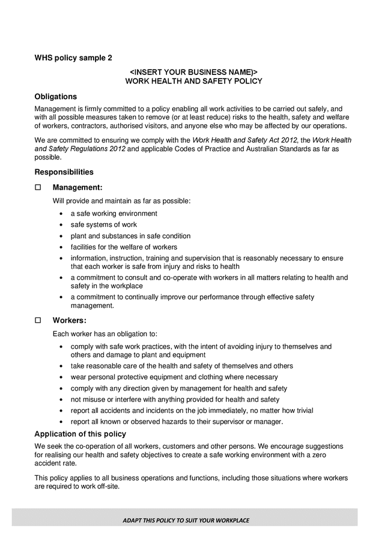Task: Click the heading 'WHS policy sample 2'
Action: [x=73, y=58]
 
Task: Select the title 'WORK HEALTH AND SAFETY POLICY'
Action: [x=193, y=81]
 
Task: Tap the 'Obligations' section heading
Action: [x=55, y=97]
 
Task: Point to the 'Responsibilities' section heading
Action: [x=64, y=172]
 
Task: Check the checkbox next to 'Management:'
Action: [x=38, y=188]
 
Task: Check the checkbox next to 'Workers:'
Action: [x=38, y=320]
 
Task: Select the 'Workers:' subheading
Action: [x=70, y=320]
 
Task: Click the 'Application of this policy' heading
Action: [x=80, y=434]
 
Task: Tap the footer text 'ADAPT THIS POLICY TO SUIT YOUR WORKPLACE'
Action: [x=186, y=520]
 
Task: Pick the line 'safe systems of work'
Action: [x=103, y=225]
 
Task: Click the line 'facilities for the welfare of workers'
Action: [x=124, y=247]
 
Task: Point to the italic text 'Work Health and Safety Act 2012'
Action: [x=244, y=140]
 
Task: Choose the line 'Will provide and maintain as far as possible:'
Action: [x=121, y=201]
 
